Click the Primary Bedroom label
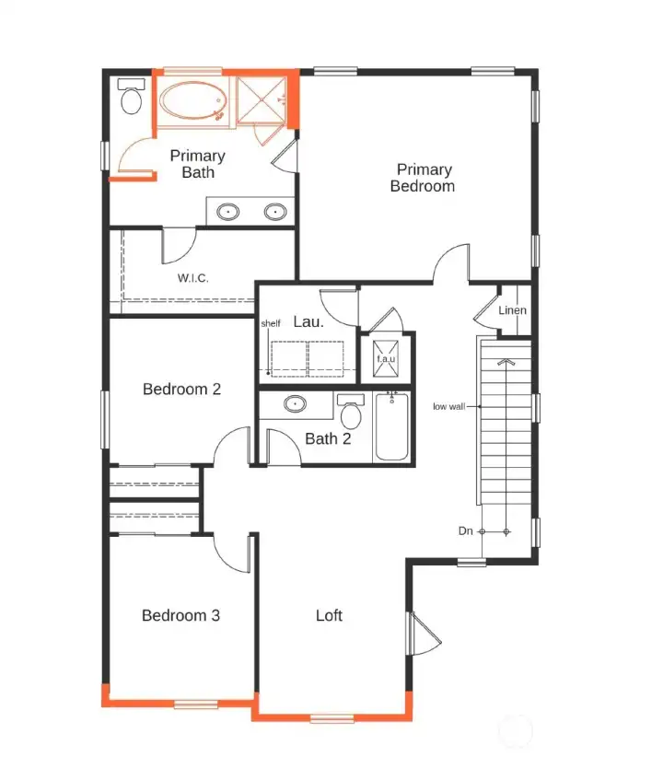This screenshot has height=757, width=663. (x=423, y=178)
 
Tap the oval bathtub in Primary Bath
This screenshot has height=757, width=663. (x=192, y=100)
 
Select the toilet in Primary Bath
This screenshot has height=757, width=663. (x=131, y=97)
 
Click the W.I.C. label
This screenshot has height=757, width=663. (x=192, y=278)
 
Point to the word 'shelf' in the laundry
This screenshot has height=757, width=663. (x=271, y=323)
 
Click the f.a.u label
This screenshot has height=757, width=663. (x=386, y=359)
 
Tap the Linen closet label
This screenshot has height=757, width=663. (x=512, y=310)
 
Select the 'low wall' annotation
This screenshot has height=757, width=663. (x=449, y=406)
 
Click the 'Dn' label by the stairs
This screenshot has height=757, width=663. (x=466, y=531)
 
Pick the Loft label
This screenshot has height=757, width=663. (x=329, y=615)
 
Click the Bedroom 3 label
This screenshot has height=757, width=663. (x=180, y=615)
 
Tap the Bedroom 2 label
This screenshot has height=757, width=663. (x=181, y=390)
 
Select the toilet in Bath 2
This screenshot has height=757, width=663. (x=351, y=412)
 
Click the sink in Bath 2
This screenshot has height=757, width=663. (x=295, y=403)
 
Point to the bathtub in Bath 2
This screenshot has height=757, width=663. (x=391, y=426)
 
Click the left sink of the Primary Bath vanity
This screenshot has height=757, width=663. (x=227, y=212)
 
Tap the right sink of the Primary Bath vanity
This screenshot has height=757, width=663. (x=275, y=212)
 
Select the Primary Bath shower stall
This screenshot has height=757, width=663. (x=262, y=100)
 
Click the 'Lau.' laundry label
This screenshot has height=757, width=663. (x=308, y=321)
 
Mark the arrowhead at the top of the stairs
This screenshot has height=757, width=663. (x=506, y=362)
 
